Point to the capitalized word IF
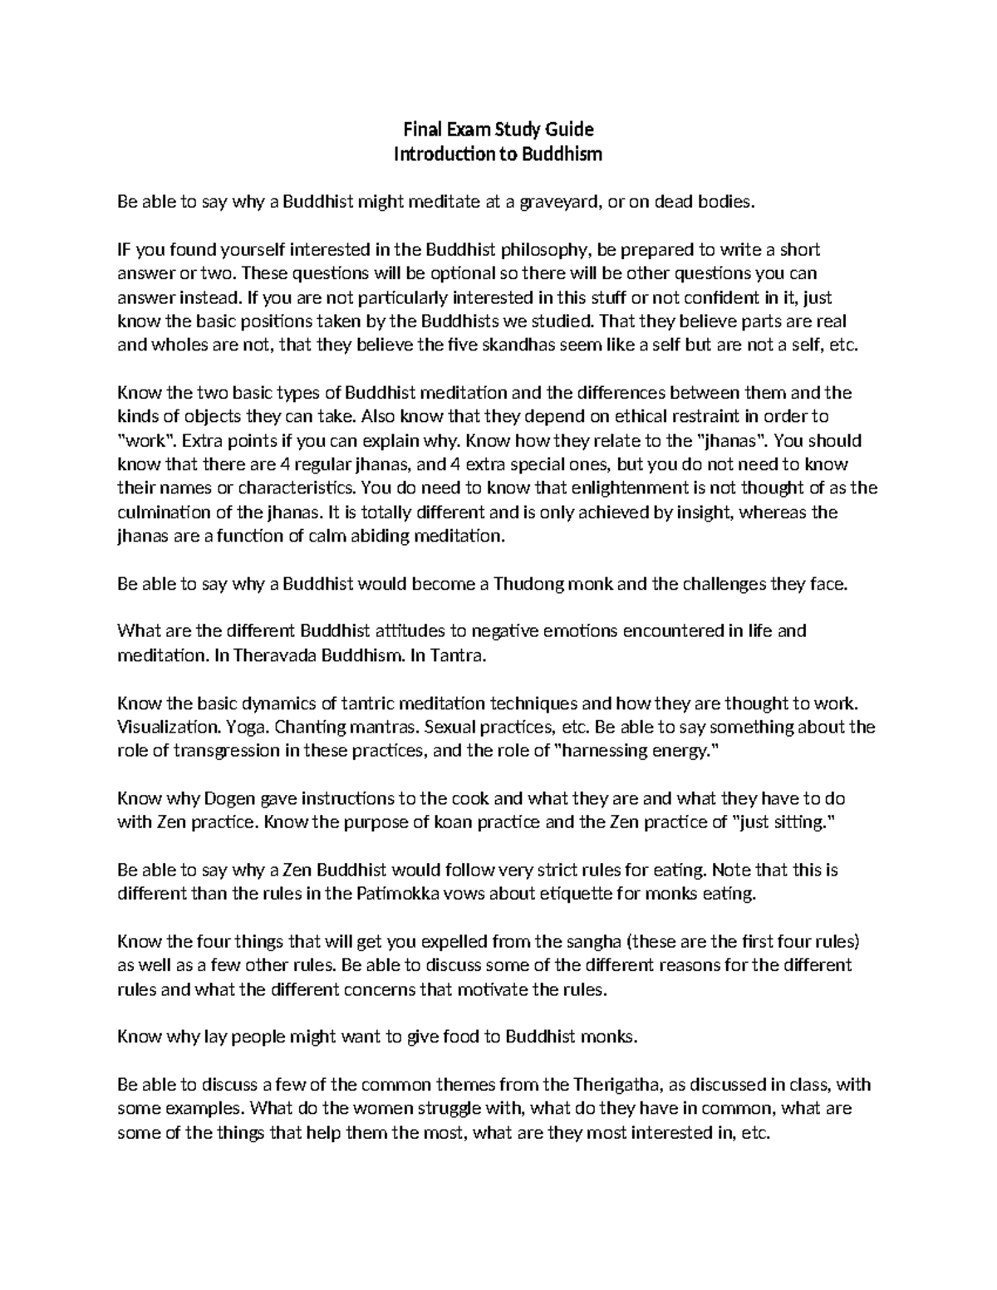(125, 250)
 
